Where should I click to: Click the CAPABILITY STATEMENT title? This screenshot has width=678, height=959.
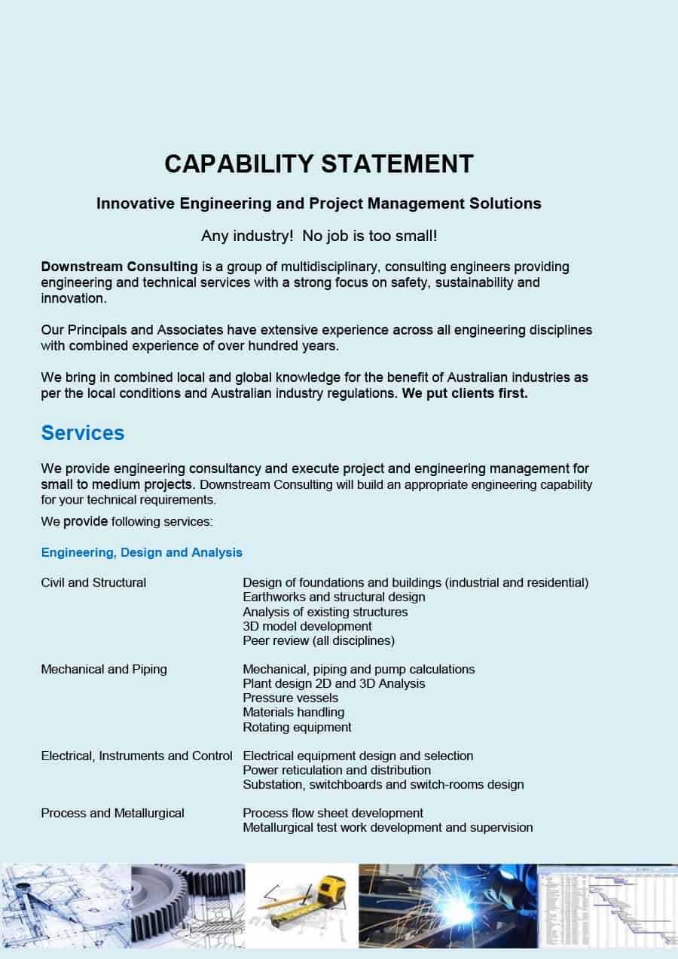[x=319, y=163]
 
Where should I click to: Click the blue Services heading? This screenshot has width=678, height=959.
[x=83, y=433]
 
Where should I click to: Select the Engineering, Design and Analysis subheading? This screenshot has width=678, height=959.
[x=142, y=552]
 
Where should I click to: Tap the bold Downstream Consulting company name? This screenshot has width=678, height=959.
[x=120, y=267]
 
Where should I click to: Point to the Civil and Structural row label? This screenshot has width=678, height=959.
[x=93, y=582]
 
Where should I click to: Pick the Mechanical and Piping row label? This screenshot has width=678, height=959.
[x=104, y=669]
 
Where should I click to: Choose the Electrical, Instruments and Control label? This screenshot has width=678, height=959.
[x=136, y=756]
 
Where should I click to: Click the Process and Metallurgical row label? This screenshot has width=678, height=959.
[x=112, y=813]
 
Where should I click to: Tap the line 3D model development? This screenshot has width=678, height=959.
[x=307, y=626]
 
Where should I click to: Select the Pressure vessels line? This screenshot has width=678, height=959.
[x=290, y=698]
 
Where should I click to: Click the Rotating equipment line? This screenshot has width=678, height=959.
[x=297, y=727]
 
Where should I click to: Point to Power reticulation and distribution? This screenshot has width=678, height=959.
[x=337, y=770]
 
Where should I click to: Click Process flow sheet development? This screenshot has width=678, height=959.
[x=333, y=813]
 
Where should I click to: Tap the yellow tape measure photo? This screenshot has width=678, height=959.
[x=302, y=905]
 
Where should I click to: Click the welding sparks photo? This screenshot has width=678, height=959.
[x=447, y=905]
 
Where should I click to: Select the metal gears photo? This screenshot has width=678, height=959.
[x=188, y=905]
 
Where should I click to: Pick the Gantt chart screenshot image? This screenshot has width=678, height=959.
[x=607, y=905]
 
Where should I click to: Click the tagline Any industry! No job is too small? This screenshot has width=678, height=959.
[x=319, y=236]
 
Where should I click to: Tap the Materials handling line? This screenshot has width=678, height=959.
[x=293, y=712]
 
